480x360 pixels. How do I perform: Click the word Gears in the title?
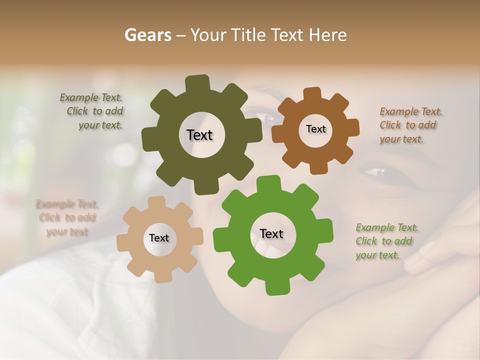pos(147,35)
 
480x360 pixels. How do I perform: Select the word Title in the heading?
pos(247,35)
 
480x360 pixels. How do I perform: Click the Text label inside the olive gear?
pos(199,135)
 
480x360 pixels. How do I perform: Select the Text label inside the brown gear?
pos(315,129)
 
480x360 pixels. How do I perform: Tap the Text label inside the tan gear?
pos(159,238)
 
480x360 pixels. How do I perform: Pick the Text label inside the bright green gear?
pos(271,233)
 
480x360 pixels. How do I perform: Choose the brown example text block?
pos(410,125)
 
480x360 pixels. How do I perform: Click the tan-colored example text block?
pos(66,218)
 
